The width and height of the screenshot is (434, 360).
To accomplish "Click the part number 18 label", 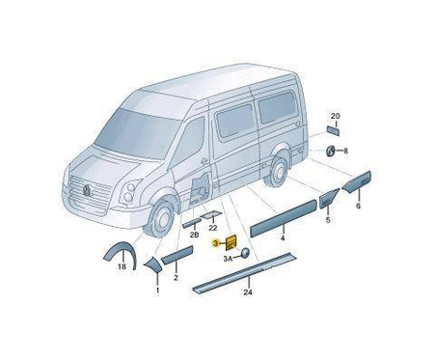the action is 122,266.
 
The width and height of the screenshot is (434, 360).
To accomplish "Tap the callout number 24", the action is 248,292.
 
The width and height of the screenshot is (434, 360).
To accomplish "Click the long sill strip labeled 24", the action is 244,273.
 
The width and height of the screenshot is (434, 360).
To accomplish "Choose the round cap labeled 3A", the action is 245,253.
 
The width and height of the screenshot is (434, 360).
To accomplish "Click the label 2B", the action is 194,235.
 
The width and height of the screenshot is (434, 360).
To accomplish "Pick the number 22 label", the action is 213,228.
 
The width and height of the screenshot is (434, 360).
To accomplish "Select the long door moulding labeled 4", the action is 284,218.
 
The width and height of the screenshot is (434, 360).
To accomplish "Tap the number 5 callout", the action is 328,220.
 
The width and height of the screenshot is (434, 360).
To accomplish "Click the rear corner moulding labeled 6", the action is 357,181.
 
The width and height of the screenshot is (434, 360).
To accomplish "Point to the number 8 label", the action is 345,151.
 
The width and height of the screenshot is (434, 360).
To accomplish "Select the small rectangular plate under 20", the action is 333,131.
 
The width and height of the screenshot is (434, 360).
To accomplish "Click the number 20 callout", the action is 336,116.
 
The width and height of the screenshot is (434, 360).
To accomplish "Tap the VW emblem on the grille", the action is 88,191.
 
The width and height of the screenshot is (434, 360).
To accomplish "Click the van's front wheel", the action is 161,219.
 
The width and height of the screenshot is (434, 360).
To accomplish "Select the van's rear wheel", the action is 278,172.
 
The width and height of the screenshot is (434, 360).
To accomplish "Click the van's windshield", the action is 138,133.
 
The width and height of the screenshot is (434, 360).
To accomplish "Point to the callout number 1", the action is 157,291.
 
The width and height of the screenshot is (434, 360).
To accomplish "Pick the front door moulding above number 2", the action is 176,255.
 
